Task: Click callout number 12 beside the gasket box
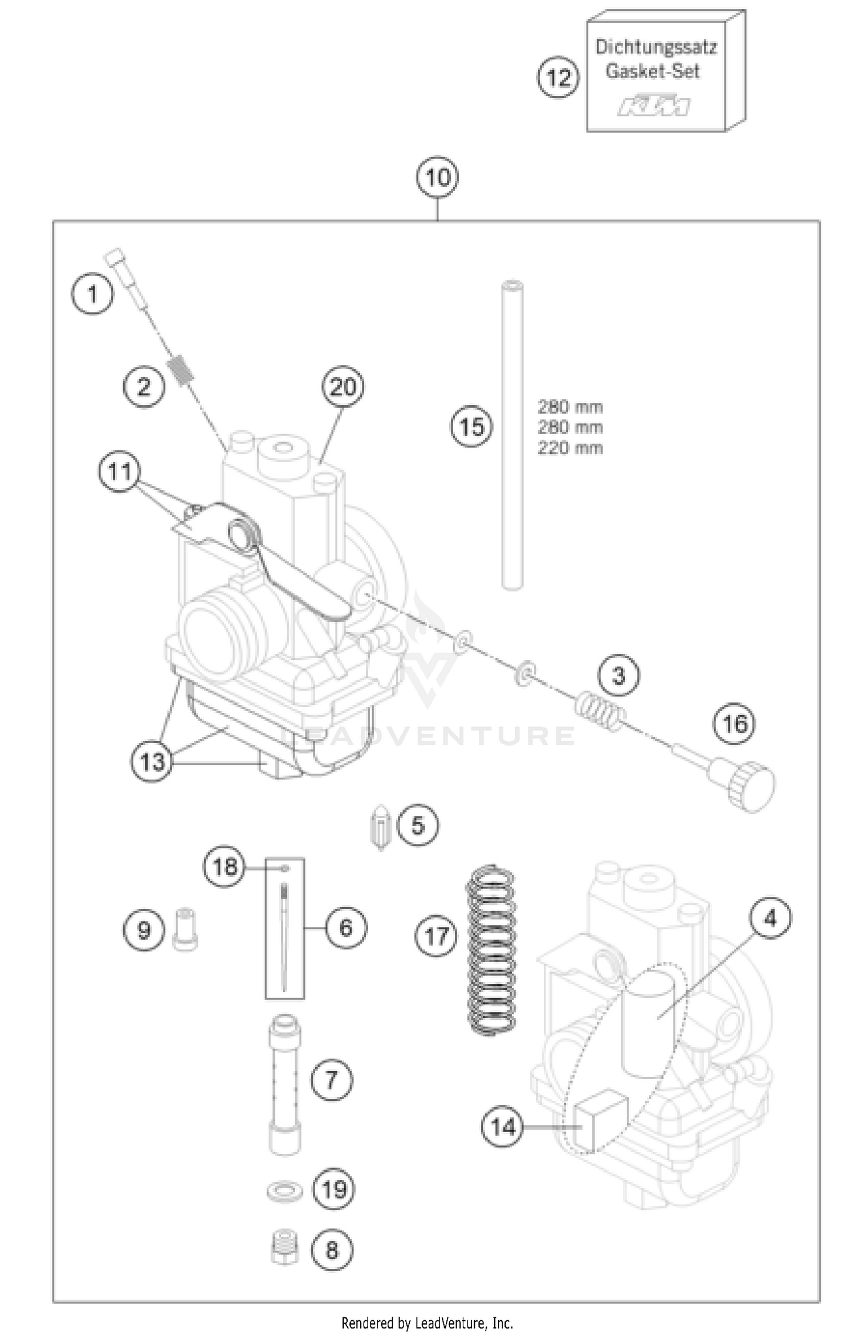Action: [x=558, y=77]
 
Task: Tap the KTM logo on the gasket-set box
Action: [x=653, y=107]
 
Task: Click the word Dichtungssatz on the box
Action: [x=655, y=47]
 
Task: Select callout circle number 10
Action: [x=437, y=177]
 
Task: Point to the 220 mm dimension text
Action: [x=569, y=448]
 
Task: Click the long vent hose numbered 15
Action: [x=512, y=436]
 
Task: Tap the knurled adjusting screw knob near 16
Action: [x=751, y=786]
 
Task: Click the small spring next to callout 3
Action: [x=598, y=714]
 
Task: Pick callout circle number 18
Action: [x=224, y=867]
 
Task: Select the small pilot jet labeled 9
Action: [x=185, y=930]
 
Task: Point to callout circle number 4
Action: [x=769, y=918]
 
